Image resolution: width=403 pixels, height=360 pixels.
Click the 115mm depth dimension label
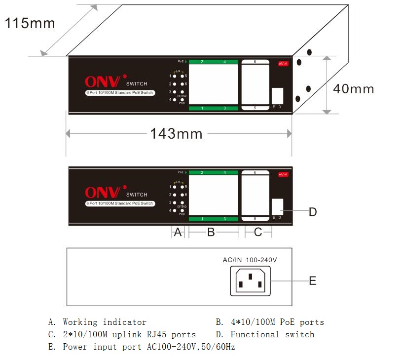click(30, 23)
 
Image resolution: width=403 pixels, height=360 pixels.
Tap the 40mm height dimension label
click(353, 89)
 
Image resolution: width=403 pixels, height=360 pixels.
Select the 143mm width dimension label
click(176, 133)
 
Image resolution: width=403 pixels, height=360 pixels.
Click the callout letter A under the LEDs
click(178, 232)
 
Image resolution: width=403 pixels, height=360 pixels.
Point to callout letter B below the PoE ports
click(211, 232)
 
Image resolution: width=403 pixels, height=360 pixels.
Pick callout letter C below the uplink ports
click(257, 232)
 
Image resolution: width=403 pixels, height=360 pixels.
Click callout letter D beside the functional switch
click(312, 212)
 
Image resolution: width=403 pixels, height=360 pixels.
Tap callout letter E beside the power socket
click(312, 281)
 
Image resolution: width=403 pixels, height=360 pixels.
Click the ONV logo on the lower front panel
click(103, 193)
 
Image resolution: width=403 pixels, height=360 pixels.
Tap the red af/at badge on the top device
click(283, 64)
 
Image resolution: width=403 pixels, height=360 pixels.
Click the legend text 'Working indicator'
click(104, 322)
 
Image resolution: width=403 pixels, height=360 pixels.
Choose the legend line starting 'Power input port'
click(148, 347)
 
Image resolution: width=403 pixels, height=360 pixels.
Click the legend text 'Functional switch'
click(272, 334)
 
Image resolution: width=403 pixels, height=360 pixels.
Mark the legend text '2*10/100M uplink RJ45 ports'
click(129, 334)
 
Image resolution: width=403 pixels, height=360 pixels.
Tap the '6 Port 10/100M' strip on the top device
click(120, 93)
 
